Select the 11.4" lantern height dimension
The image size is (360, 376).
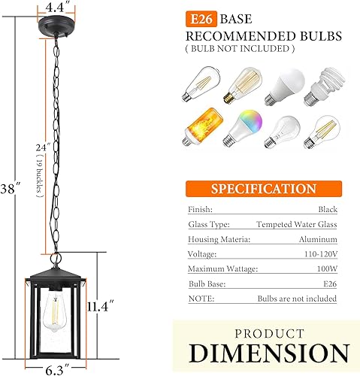coord(98,307)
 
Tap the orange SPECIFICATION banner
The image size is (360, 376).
coord(262,189)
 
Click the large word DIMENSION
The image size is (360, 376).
coord(268,352)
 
